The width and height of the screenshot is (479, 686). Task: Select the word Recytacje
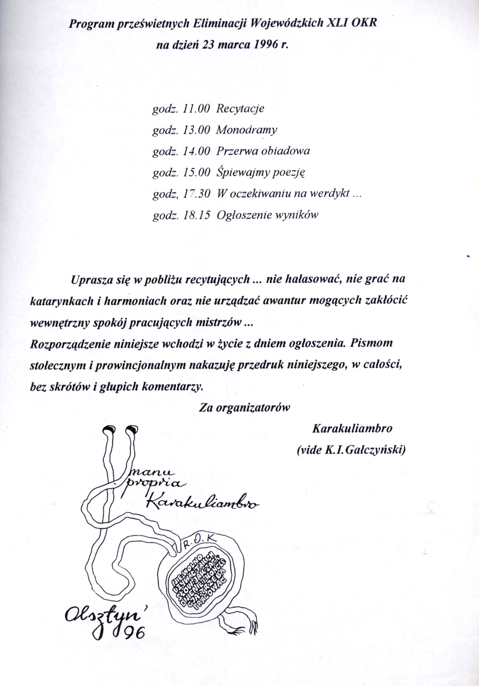(240, 109)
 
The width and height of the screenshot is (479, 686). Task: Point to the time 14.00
(196, 151)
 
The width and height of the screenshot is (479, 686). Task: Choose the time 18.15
(196, 215)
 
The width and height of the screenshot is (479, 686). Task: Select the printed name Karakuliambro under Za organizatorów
(352, 429)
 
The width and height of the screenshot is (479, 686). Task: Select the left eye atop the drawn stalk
(108, 430)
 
